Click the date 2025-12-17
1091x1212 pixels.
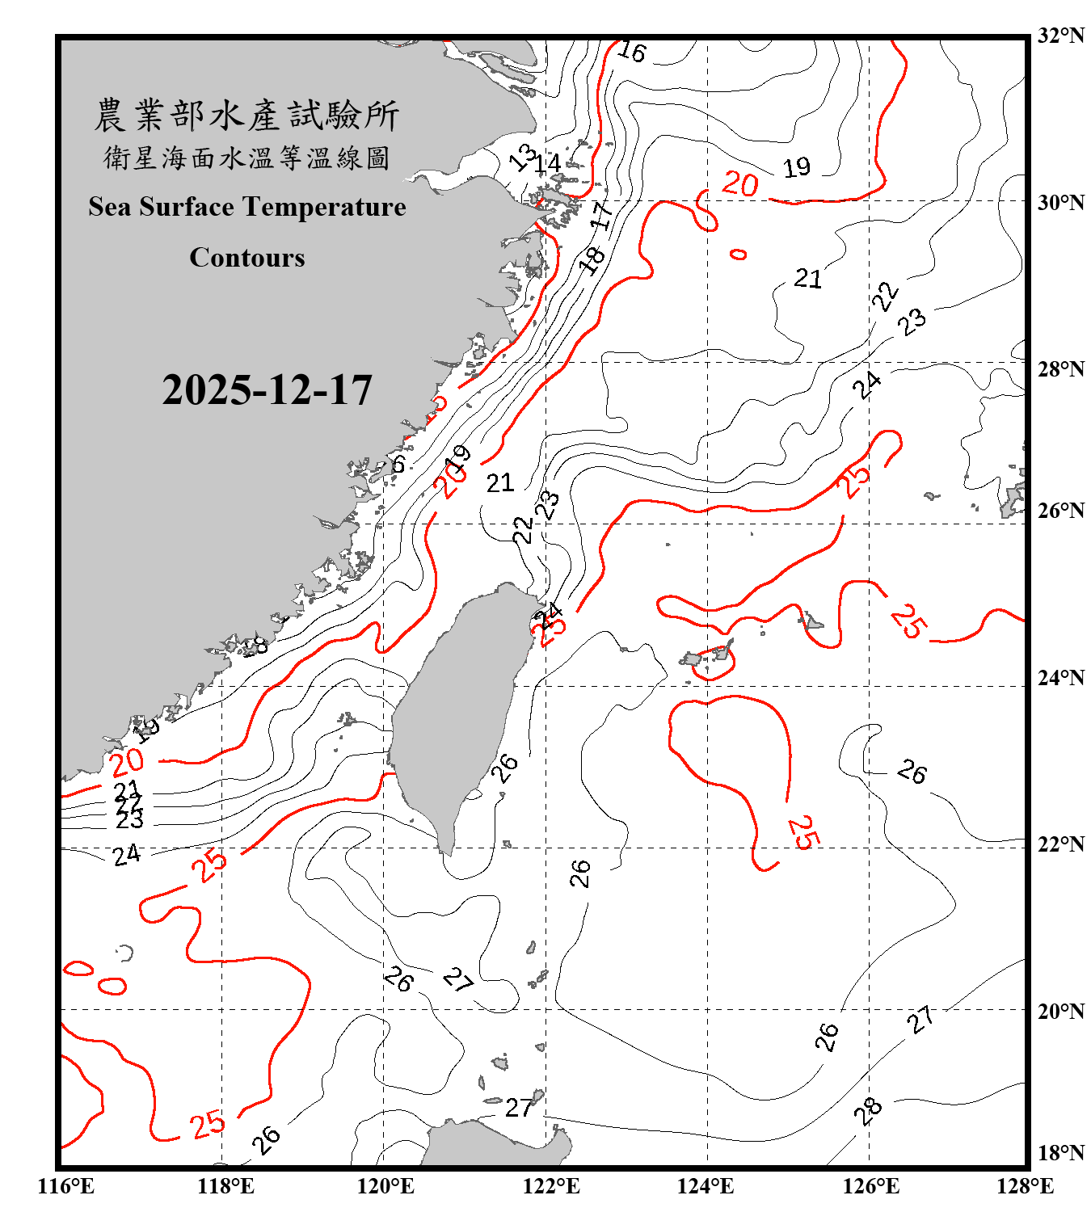[267, 390]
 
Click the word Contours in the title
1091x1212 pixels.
[247, 258]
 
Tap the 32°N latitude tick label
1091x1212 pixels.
[1060, 36]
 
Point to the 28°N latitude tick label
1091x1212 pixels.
[1060, 369]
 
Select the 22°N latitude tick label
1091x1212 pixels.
[1060, 844]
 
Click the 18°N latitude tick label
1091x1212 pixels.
[1060, 1153]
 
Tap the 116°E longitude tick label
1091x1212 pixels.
[66, 1186]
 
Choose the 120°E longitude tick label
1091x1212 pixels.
[385, 1186]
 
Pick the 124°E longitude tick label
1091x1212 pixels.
[706, 1186]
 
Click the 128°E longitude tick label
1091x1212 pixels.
[1025, 1186]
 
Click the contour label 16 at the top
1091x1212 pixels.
[631, 52]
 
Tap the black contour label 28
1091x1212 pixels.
[868, 1112]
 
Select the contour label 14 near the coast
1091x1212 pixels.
[548, 163]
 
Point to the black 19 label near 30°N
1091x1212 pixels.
[797, 167]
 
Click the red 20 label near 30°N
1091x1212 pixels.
[739, 184]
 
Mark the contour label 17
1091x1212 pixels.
[600, 216]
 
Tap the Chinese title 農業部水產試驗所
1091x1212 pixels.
[246, 116]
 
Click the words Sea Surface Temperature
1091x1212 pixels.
[247, 207]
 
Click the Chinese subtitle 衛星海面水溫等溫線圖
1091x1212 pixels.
[246, 158]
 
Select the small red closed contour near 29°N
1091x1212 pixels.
[738, 255]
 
